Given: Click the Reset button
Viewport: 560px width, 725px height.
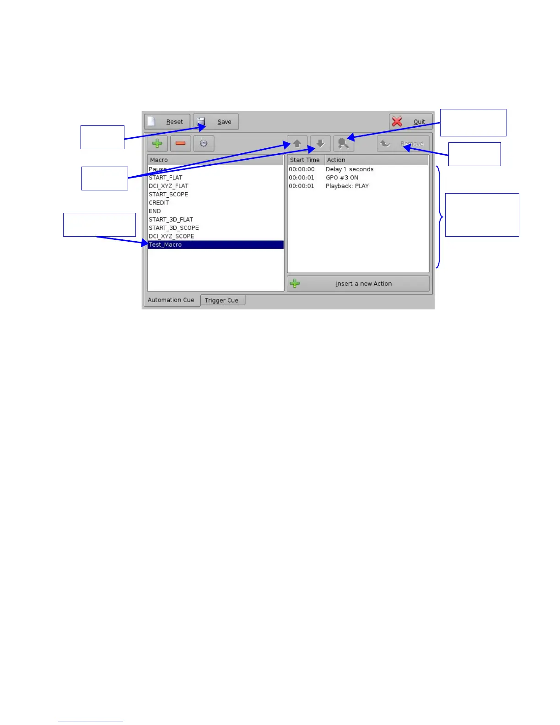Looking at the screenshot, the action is pos(167,122).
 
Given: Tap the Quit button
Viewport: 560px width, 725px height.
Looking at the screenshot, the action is pos(410,122).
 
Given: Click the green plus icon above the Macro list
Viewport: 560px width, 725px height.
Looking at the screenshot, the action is pos(157,144).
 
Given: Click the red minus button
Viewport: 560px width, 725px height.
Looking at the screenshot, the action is pos(180,144).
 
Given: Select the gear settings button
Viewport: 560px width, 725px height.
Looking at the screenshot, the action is pos(204,144).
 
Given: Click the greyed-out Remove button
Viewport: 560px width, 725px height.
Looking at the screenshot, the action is pos(403,144).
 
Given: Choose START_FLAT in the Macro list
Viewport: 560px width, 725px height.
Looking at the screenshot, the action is pos(166,178).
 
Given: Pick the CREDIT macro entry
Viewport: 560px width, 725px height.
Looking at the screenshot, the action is pos(159,203).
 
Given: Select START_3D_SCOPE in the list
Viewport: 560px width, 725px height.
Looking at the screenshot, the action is pos(174,228).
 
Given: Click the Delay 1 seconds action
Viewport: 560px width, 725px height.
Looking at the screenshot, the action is pos(350,169).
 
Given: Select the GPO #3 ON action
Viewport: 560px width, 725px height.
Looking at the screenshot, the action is pos(342,178).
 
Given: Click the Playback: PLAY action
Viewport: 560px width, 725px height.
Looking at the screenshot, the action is pos(347,186).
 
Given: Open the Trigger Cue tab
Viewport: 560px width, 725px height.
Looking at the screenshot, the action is pos(222,300).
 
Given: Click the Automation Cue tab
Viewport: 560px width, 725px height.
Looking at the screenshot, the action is pos(171,300).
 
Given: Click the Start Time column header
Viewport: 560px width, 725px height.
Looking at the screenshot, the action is pos(305,160).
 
